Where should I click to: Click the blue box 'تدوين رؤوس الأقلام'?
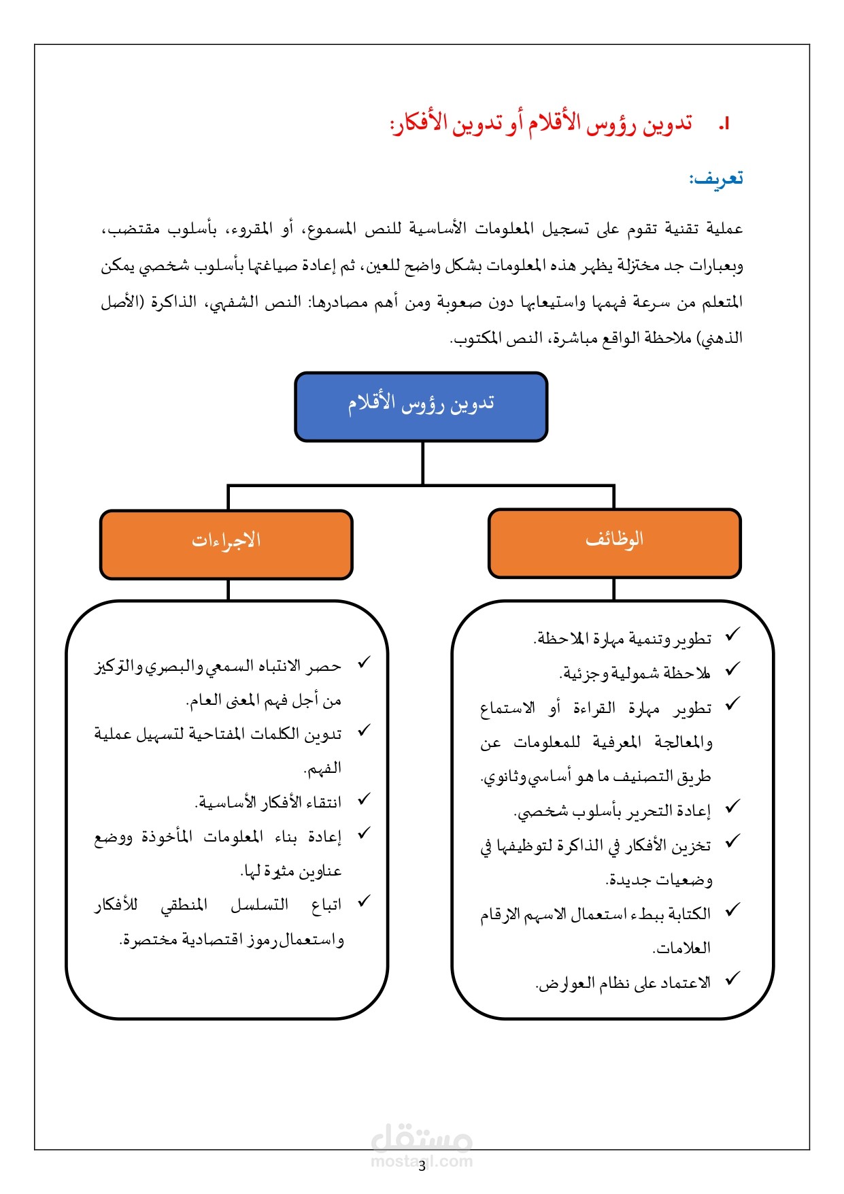(421, 406)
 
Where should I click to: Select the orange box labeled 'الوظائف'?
(614, 543)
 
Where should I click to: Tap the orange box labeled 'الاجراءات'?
(226, 544)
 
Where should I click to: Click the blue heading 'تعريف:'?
(716, 179)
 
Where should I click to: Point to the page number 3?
(422, 1167)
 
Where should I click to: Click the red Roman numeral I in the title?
(724, 125)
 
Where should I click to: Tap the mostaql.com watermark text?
(422, 1161)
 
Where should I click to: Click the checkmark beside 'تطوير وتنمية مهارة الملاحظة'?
(732, 635)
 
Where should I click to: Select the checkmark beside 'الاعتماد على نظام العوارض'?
(732, 980)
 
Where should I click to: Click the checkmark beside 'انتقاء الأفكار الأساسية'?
(365, 799)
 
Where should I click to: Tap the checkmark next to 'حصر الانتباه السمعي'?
(365, 662)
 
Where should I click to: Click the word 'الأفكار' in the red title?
(422, 125)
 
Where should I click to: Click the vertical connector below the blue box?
(422, 463)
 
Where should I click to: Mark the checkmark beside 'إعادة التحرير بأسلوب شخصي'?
(732, 808)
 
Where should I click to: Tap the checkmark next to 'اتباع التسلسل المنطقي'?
(365, 901)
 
